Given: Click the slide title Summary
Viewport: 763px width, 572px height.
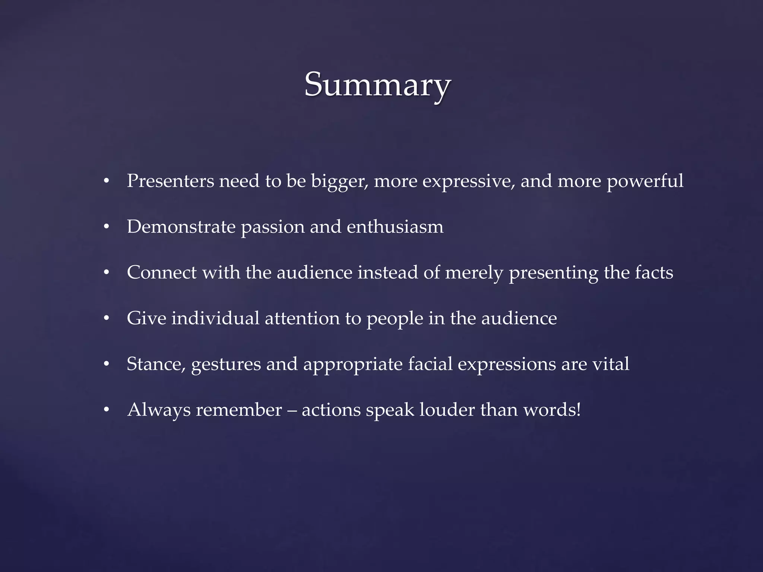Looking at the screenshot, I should click(x=377, y=85).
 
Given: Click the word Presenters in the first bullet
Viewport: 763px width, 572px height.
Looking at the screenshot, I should click(x=170, y=181).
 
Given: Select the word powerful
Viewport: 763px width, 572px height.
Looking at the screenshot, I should click(x=645, y=182).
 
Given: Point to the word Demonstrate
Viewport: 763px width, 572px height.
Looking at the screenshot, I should click(x=181, y=227).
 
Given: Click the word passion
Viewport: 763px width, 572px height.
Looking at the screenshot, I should click(x=273, y=228).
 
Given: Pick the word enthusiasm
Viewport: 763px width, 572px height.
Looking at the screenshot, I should click(x=395, y=227).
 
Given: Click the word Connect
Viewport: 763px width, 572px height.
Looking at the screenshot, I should click(x=162, y=273).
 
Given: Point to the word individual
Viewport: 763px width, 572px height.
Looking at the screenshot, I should click(x=215, y=318).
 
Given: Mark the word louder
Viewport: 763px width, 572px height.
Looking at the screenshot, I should click(x=447, y=410).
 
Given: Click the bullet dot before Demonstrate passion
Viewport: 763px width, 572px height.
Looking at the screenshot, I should click(x=107, y=227).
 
